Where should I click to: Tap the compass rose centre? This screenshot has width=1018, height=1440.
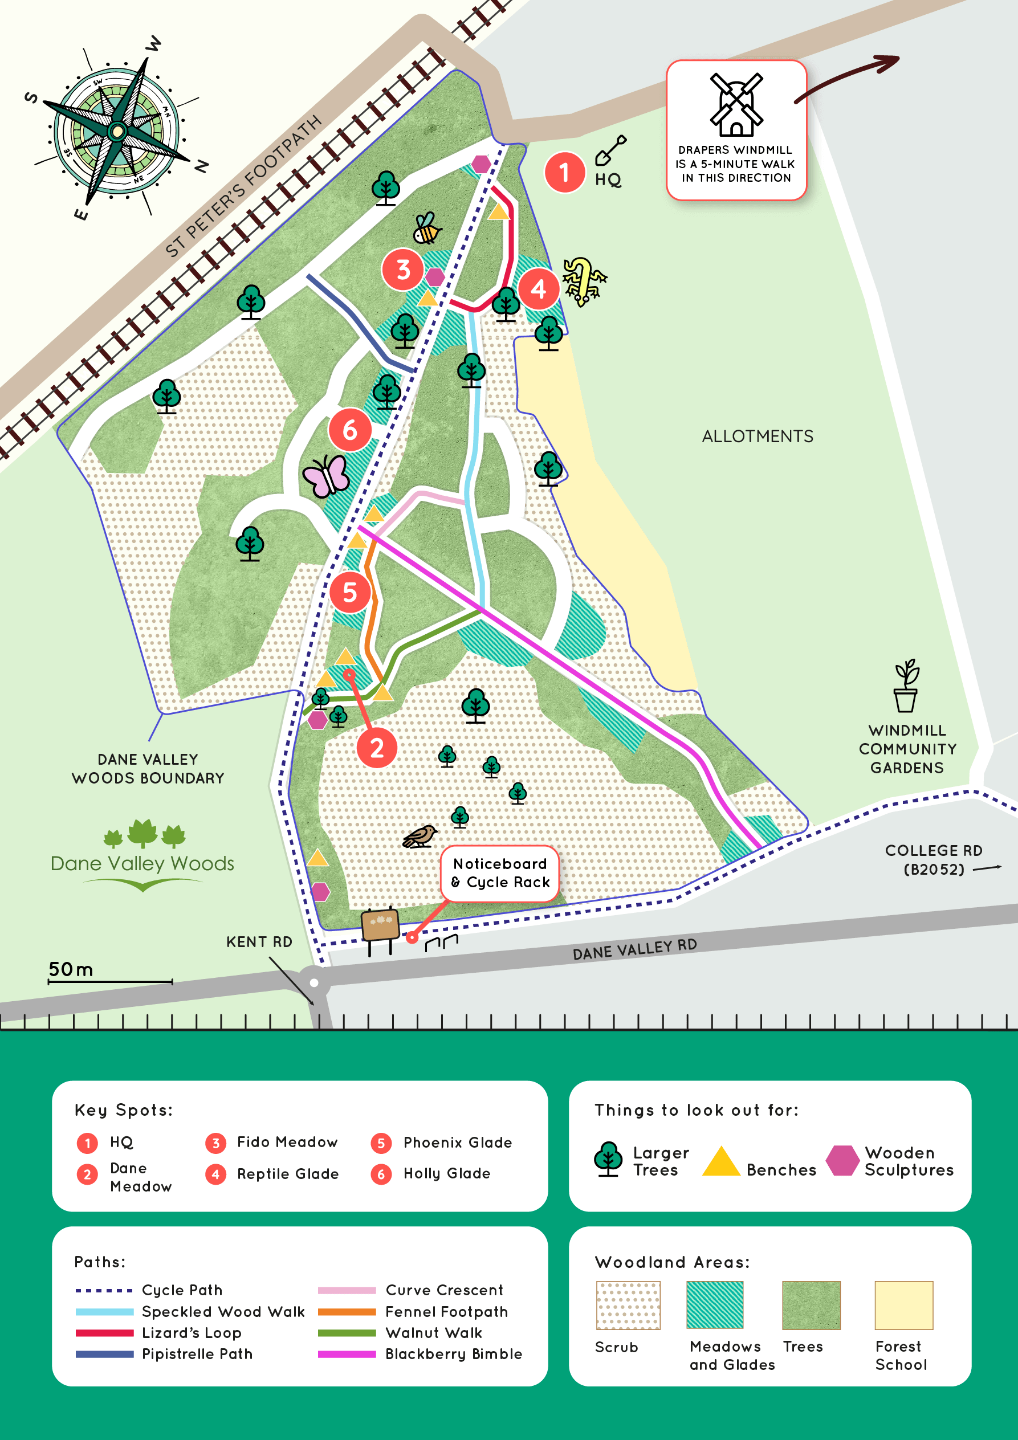pos(117,131)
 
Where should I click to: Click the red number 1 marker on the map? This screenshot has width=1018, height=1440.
pos(564,172)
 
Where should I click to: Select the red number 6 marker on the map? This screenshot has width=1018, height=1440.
pos(349,430)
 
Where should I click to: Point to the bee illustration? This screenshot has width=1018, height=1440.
pos(426,228)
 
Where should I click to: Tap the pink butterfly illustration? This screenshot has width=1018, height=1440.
pos(326,476)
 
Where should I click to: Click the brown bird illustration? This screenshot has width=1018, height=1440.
pos(420,836)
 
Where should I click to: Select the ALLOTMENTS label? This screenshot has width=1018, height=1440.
pos(757,437)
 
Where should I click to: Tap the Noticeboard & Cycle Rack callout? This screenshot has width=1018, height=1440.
pos(500,873)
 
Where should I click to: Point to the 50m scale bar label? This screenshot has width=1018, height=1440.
pos(71,970)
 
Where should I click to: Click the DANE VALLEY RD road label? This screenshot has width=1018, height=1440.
pos(634,949)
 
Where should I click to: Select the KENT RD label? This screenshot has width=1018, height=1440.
pos(259,942)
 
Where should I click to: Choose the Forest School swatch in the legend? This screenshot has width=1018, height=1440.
pos(903,1305)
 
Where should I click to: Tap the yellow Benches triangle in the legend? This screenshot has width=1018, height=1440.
pos(720,1162)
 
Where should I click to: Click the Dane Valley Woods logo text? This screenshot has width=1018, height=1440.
pos(142,864)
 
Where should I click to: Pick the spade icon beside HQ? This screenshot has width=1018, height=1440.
pos(610,150)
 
